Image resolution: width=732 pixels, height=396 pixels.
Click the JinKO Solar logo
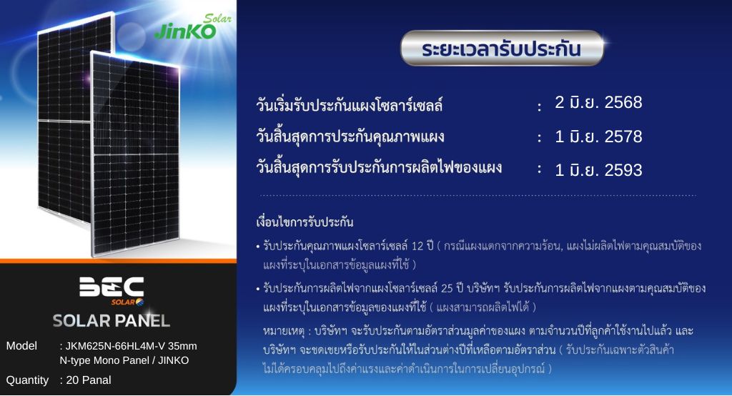tap(192, 26)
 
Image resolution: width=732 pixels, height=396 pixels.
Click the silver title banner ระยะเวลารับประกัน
tap(502, 48)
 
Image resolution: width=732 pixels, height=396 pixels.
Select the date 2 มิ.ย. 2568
tap(598, 102)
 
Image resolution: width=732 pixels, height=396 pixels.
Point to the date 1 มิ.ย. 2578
tap(598, 137)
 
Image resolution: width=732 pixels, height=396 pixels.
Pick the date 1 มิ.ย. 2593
tap(598, 170)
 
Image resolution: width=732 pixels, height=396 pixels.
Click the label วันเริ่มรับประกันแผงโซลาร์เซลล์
tap(349, 104)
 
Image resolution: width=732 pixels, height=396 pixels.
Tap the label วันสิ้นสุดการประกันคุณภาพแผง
tap(350, 137)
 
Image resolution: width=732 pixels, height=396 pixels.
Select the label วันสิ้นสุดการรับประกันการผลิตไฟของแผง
tap(379, 167)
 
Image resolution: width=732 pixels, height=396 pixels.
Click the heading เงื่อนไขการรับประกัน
tap(305, 222)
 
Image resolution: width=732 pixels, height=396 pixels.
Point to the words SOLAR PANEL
tap(111, 321)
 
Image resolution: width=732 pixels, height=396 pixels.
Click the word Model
tap(21, 346)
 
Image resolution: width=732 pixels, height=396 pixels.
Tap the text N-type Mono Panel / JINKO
tap(124, 360)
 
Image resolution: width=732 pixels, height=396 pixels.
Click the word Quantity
tap(27, 380)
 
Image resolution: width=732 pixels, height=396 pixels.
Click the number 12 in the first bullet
tap(417, 246)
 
